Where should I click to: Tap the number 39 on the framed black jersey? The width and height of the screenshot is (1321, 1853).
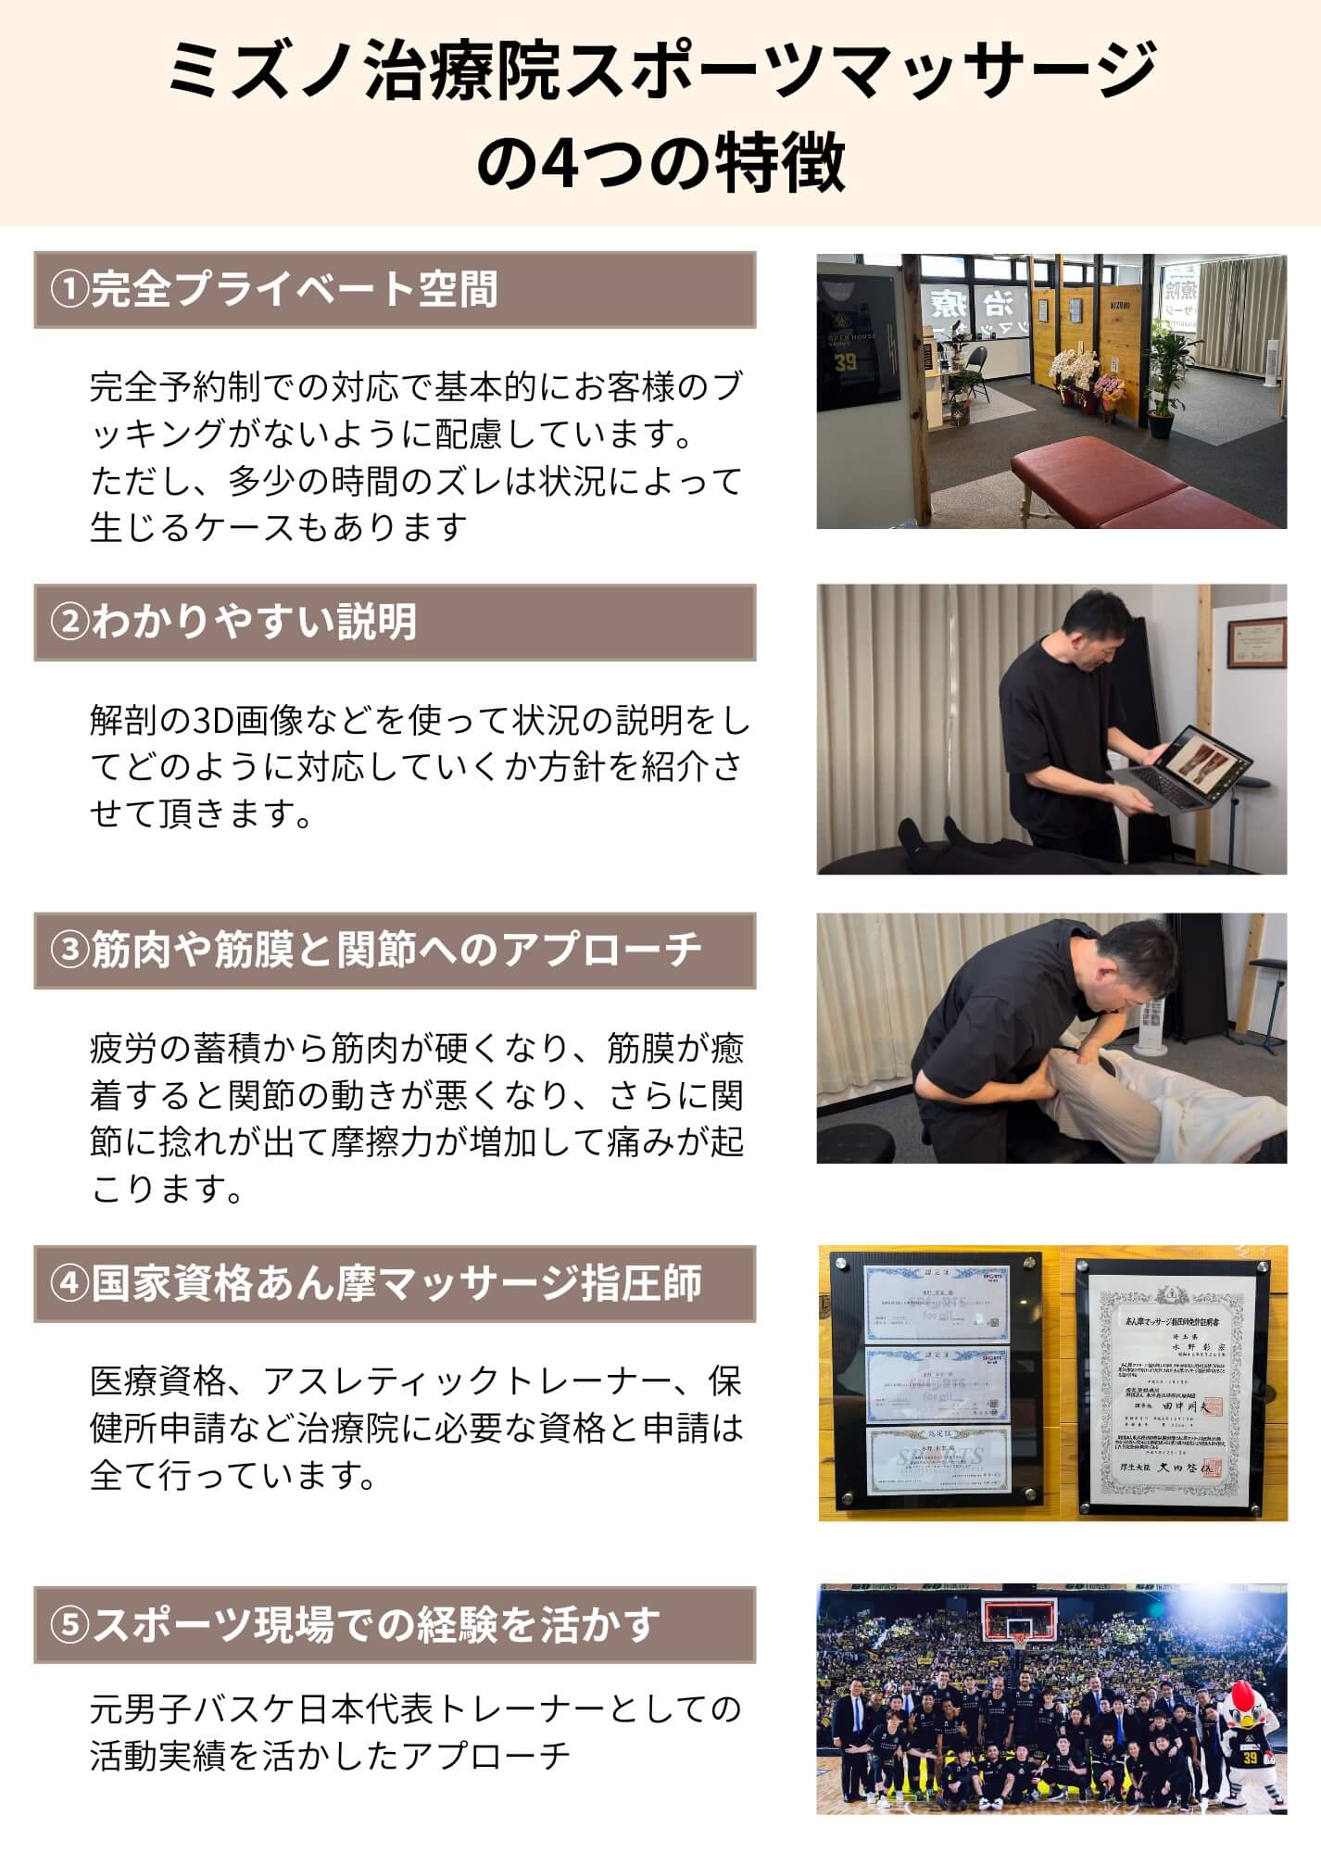click(845, 361)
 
